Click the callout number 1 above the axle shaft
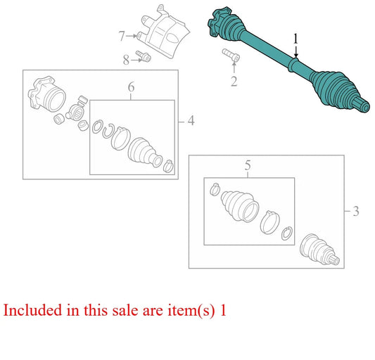coord(295,39)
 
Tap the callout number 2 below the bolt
coord(234,82)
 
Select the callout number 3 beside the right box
coord(356,212)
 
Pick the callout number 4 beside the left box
coord(191,121)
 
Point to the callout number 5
coord(248,165)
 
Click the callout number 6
coord(131,87)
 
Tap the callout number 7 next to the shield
coord(122,37)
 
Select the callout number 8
coord(126,60)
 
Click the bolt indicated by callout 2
coord(231,55)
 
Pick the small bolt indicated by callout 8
coord(144,56)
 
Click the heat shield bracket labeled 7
coord(164,32)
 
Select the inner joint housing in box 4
coord(47,94)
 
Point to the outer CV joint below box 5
coord(319,250)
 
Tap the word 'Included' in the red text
coord(32,310)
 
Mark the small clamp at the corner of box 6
coord(169,167)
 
